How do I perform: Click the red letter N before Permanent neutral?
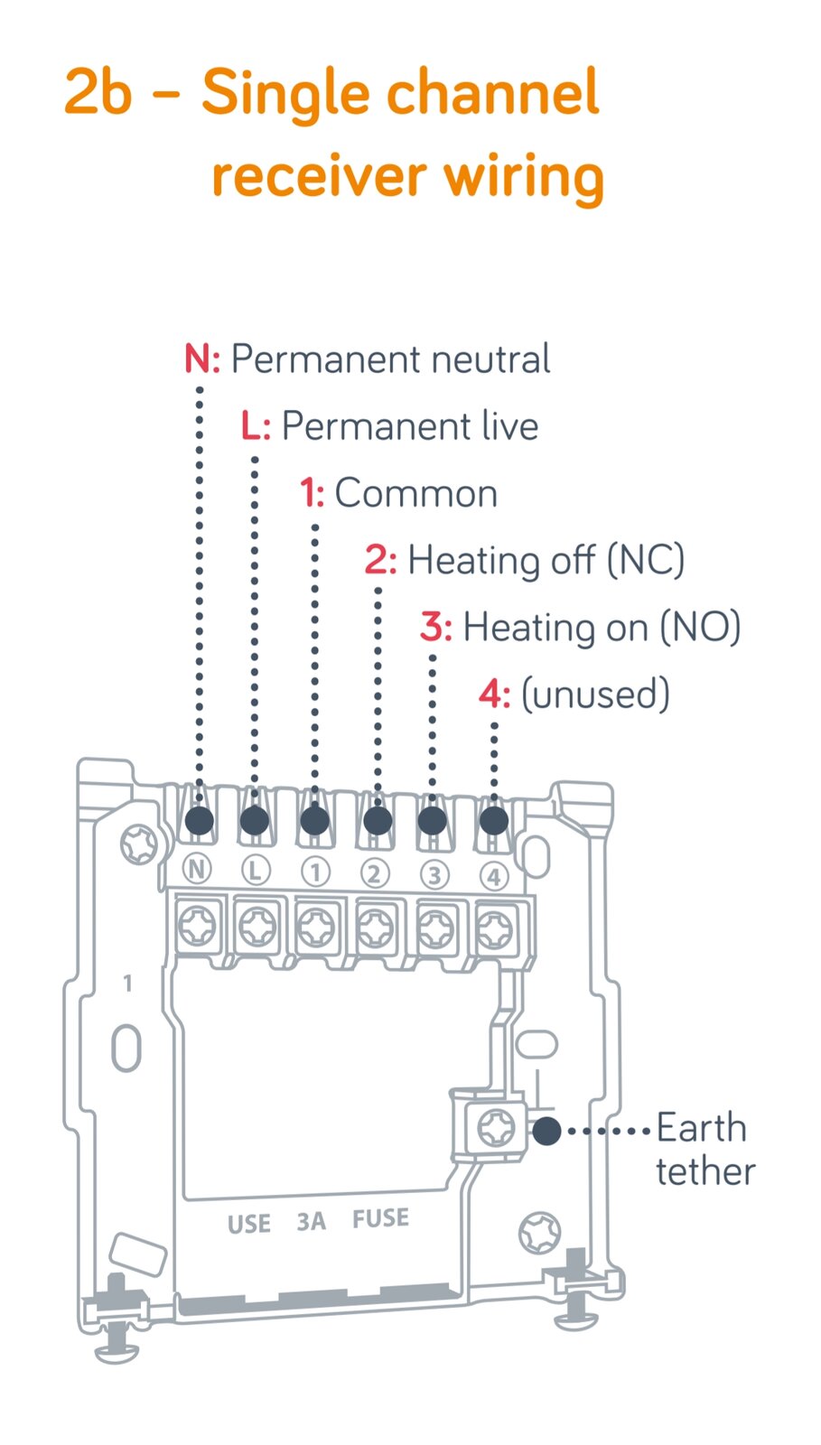coord(198,359)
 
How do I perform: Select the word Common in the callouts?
coord(416,493)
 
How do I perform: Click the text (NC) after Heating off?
coord(646,560)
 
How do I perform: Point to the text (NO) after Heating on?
coord(700,627)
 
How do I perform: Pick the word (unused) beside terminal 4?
coord(595,695)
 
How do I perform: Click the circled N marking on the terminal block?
coord(197,870)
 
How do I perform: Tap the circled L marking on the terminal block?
coord(256,871)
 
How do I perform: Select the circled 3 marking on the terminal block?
coord(434,875)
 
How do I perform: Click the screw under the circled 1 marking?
coord(315,928)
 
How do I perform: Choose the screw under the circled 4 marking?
coord(495,930)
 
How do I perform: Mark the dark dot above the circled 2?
coord(378,821)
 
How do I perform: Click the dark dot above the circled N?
coord(200,821)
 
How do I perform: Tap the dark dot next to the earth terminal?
coord(547,1131)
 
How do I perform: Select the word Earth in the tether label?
coord(702,1128)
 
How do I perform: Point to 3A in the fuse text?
coord(311,1221)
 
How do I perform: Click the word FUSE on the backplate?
coord(380,1218)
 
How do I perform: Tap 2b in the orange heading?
coord(98,91)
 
